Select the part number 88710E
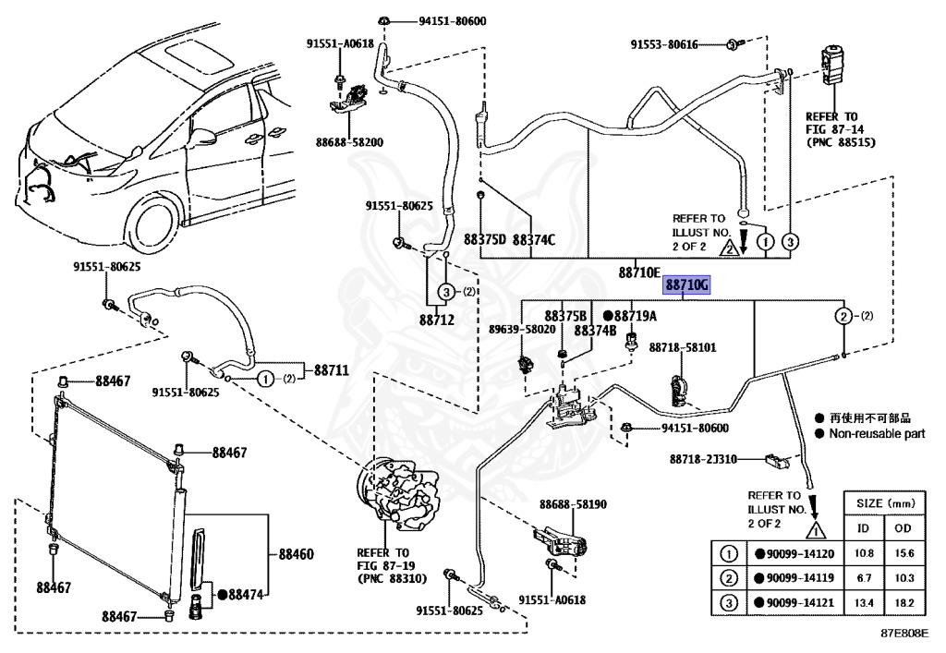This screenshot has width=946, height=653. [x=639, y=272]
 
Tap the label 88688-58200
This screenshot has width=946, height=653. [x=349, y=143]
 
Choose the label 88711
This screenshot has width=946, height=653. [x=330, y=370]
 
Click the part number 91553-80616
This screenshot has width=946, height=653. [x=678, y=44]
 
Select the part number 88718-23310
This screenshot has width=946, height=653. [x=703, y=459]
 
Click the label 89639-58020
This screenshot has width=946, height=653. [x=522, y=329]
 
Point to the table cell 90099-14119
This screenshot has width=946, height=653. [x=795, y=578]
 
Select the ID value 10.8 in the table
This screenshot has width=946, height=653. [x=865, y=553]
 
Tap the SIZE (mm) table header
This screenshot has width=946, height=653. [x=885, y=504]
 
